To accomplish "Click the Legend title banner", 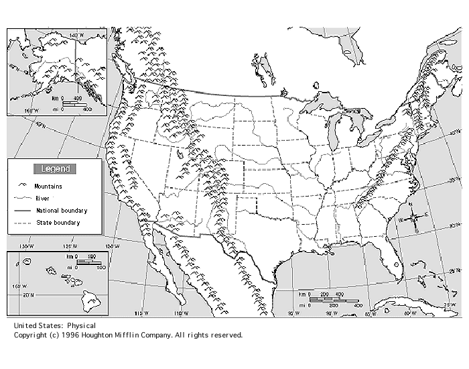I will click(55, 169).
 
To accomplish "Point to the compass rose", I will click(415, 217).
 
